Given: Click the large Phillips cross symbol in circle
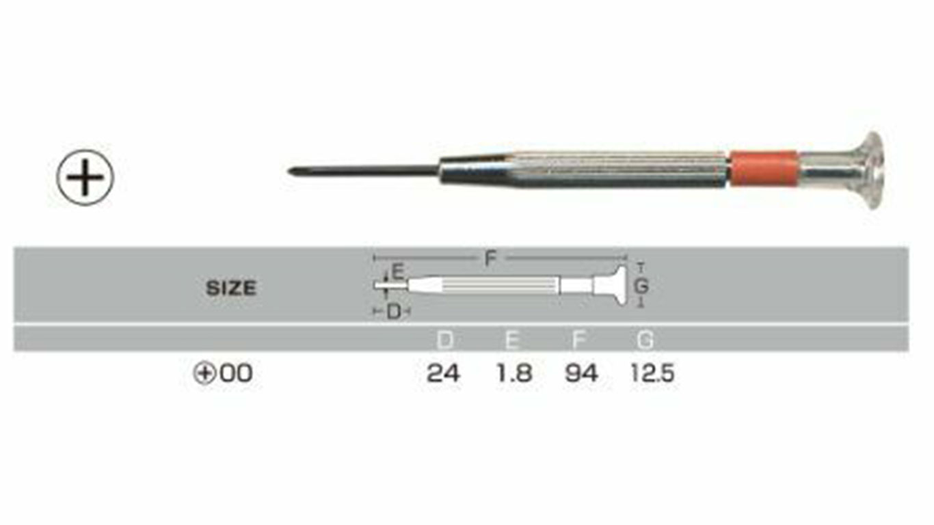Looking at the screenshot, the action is point(85,177).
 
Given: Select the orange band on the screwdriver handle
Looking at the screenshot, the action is point(764,168).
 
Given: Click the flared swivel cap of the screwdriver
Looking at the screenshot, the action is point(863,170).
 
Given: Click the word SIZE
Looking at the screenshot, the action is point(231,288).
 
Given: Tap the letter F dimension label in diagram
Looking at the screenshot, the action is point(490,258).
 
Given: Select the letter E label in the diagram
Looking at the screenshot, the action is point(398,272).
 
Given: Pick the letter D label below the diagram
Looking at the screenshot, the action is point(393,312).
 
